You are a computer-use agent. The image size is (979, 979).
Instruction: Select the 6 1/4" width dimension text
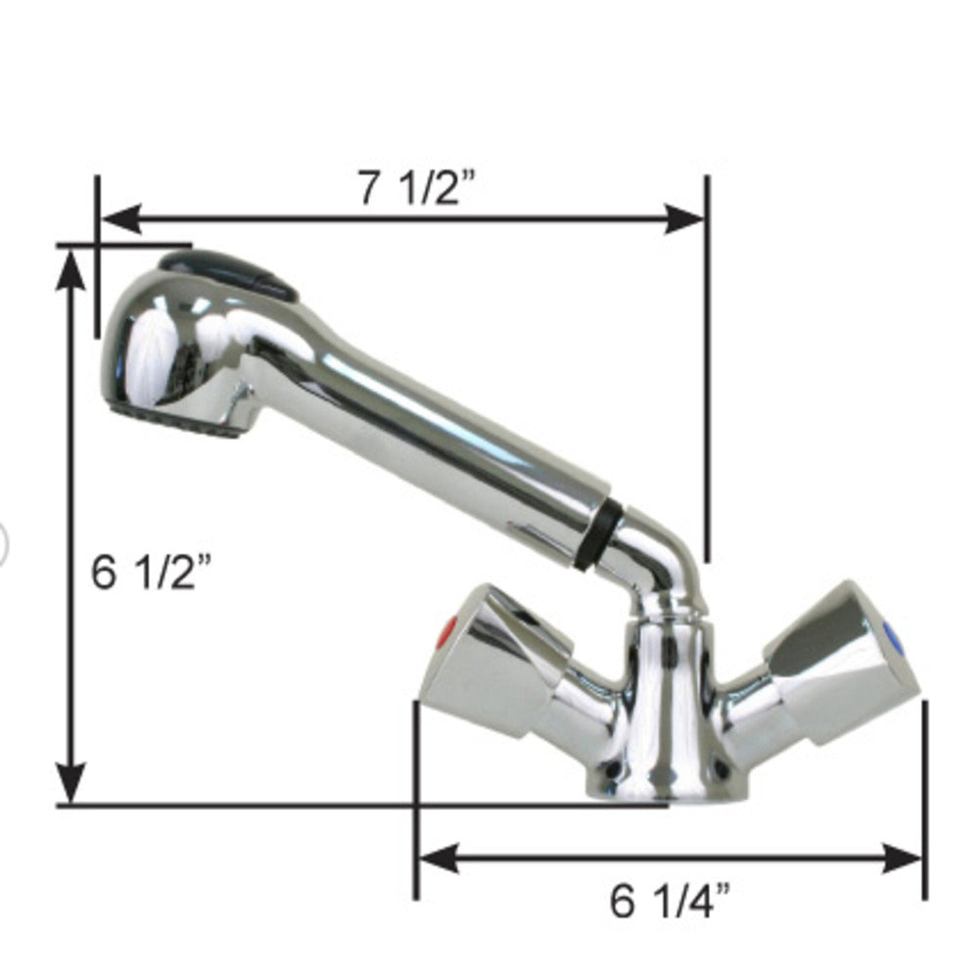[671, 901]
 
